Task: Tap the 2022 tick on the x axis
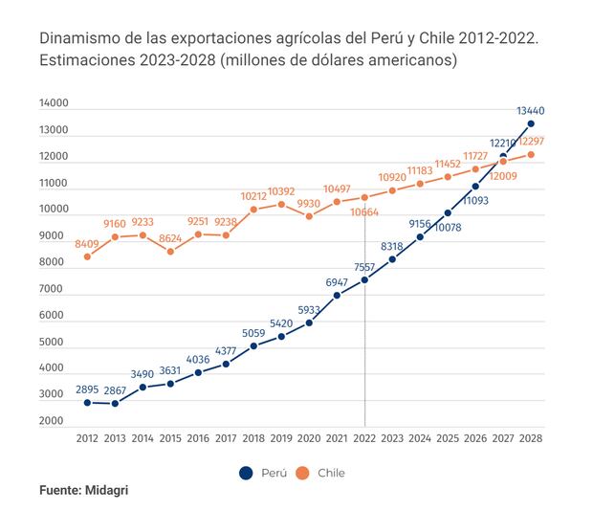365,439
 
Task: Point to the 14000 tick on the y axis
54,103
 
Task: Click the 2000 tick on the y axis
54,421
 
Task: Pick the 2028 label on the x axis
531,439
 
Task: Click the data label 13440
531,110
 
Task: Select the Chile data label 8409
87,243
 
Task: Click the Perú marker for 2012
87,402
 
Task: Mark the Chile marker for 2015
170,252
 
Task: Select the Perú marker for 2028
531,123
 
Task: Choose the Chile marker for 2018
253,209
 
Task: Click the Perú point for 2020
309,322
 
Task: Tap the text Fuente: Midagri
83,489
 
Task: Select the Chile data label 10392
281,190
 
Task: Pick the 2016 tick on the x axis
198,439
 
